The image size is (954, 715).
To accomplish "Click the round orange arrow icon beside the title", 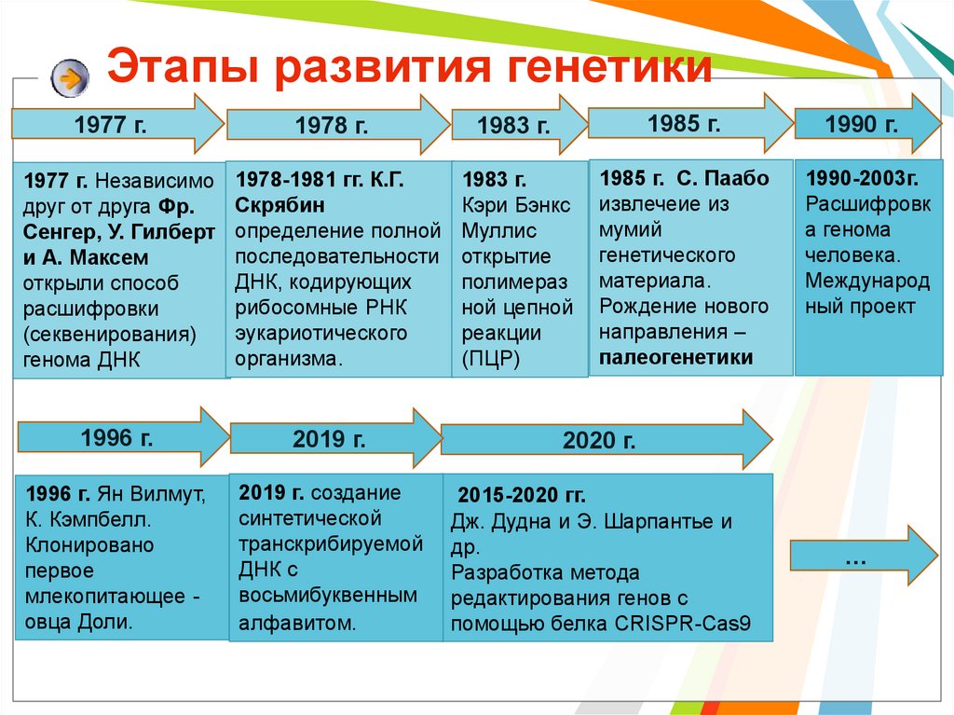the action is [x=70, y=78].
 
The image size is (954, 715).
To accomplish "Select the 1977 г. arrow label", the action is [x=110, y=125].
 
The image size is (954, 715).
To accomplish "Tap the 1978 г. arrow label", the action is [x=332, y=126].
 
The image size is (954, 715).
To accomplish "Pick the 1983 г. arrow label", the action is [x=513, y=126].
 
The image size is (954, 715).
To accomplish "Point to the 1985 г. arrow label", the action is [x=684, y=124].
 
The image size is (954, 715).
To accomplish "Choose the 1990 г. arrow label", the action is [x=862, y=124].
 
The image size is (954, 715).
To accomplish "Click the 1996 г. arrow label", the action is [x=116, y=437].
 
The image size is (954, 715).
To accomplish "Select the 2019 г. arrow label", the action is [x=329, y=438].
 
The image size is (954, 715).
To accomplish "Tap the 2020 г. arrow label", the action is [x=599, y=440].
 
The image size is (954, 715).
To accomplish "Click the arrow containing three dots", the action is [x=864, y=555].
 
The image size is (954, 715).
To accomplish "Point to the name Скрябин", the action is [x=279, y=205].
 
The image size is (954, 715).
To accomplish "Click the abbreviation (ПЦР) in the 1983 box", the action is [x=491, y=359].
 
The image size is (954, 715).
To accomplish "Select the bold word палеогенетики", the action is [x=676, y=357].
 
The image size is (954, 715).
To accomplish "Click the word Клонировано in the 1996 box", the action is [x=89, y=544].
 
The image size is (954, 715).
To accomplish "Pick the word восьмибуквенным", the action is [x=328, y=595].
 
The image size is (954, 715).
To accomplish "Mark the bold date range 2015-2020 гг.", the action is [x=522, y=495].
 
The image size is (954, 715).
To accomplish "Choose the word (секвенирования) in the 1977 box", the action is [x=110, y=335].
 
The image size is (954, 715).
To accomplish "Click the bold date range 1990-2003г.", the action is [x=862, y=178].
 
